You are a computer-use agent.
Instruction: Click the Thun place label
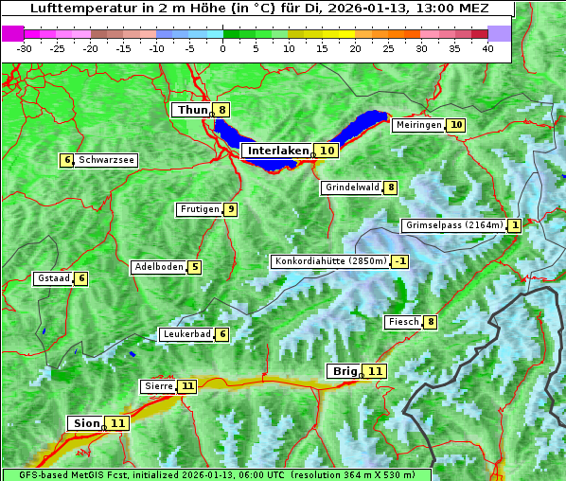tap(192, 110)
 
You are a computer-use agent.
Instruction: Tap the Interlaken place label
tap(278, 151)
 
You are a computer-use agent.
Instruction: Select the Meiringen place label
tap(417, 125)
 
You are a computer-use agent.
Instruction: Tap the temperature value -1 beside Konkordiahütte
tap(400, 261)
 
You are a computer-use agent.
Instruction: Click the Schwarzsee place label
tap(106, 160)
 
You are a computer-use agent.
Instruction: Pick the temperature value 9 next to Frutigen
tap(230, 209)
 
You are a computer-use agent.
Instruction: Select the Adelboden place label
tap(158, 267)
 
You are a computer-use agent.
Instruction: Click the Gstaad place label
tap(53, 278)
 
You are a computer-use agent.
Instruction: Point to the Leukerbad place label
tap(186, 334)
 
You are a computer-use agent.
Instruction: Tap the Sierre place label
tap(157, 386)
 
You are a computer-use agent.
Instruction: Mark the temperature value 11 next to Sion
tap(117, 423)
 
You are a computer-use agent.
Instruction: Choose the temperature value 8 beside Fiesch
tap(431, 322)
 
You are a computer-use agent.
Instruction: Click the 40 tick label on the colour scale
tap(487, 48)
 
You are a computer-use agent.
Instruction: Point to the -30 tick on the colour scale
tap(25, 48)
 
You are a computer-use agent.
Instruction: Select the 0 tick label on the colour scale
tap(222, 48)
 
